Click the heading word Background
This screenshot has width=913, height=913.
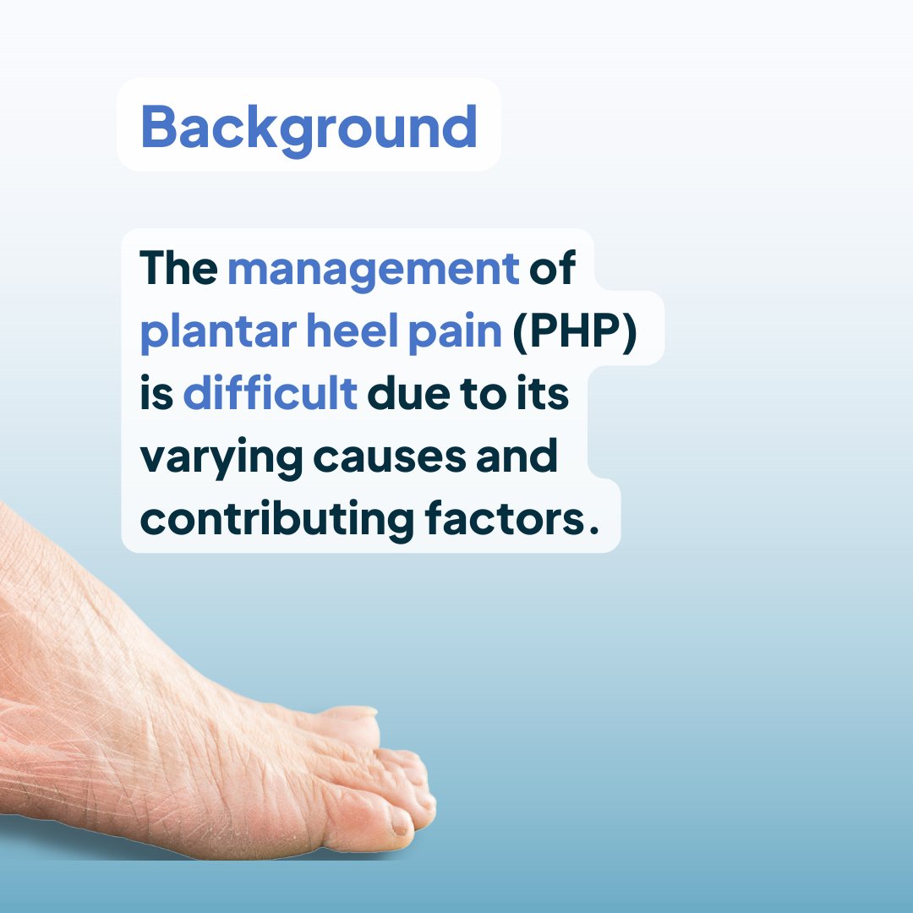tap(309, 127)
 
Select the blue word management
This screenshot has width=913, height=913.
tap(373, 269)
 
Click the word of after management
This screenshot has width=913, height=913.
tap(552, 269)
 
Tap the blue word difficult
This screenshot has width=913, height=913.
tap(270, 395)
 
